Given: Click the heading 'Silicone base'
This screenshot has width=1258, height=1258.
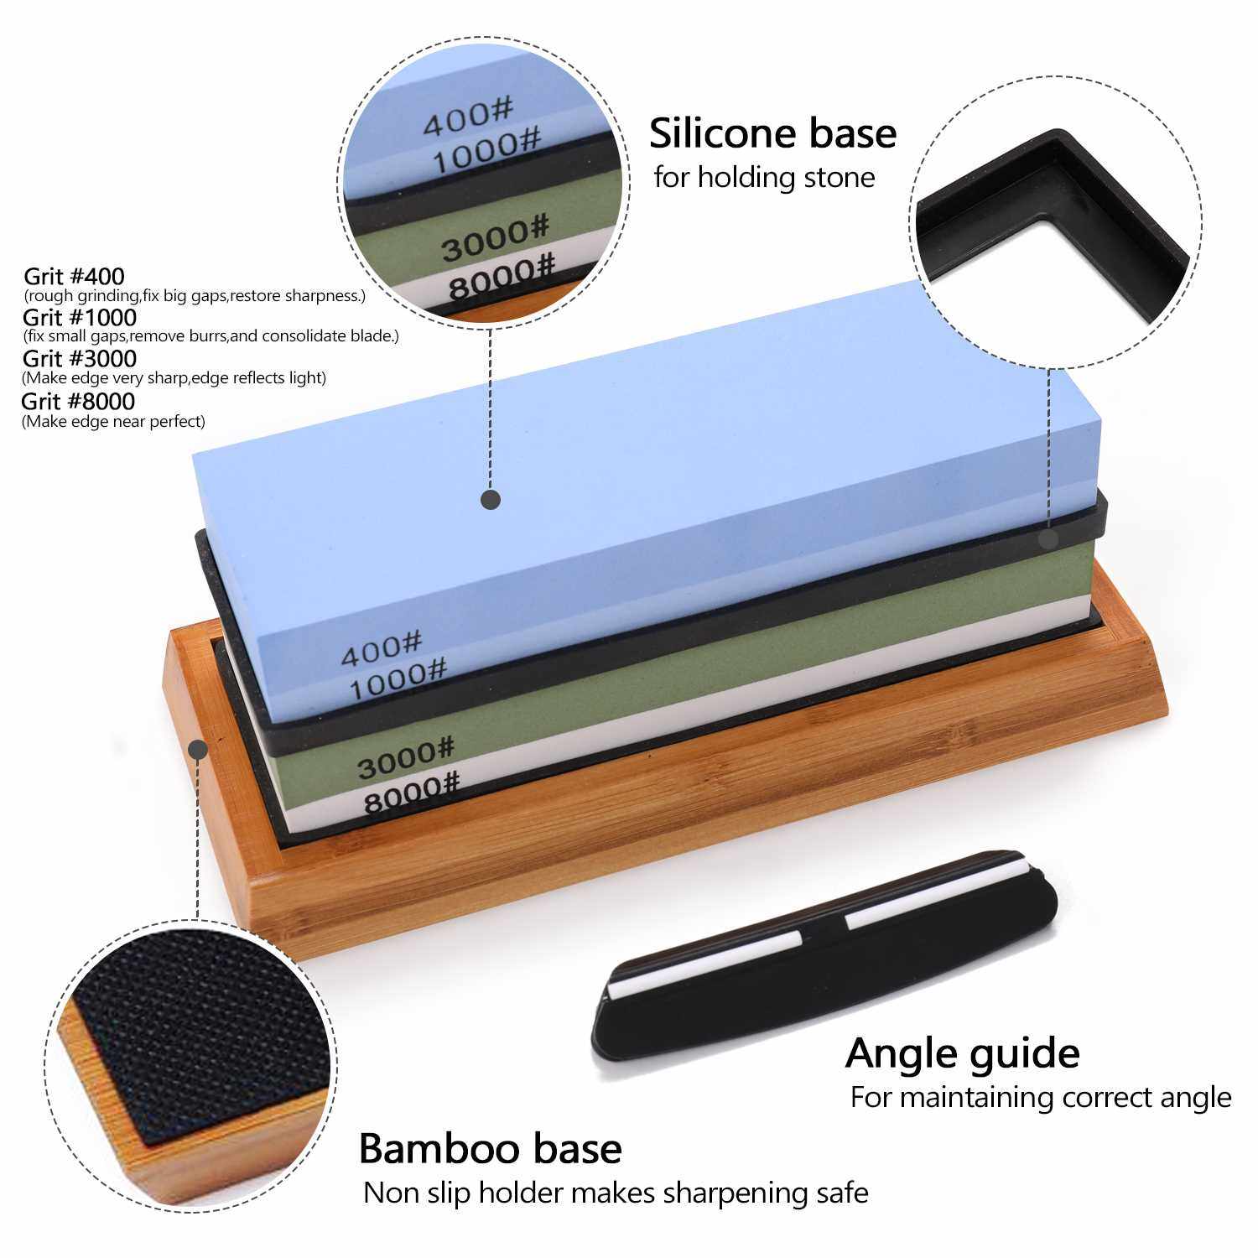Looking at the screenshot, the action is [x=772, y=133].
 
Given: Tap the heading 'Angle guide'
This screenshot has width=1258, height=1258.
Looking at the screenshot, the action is [x=962, y=1053].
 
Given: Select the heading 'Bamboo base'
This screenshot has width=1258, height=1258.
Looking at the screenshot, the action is [x=490, y=1149].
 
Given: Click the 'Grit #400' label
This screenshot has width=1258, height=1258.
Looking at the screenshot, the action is [x=74, y=276].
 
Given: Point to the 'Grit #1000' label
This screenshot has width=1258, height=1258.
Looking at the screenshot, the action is [x=80, y=317].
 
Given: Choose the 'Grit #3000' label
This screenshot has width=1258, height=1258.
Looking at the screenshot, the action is [x=80, y=359].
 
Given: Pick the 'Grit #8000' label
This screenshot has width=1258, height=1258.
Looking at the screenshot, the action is [x=78, y=401].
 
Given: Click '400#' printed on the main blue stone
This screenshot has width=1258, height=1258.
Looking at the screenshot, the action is [x=381, y=647].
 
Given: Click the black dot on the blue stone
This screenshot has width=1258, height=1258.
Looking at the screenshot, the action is [x=491, y=500].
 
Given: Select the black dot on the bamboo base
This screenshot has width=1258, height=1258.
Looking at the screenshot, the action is [x=198, y=749].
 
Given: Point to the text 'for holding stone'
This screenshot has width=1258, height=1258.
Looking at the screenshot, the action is [x=764, y=178].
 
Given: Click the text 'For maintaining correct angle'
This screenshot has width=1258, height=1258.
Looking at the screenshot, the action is [x=1041, y=1097].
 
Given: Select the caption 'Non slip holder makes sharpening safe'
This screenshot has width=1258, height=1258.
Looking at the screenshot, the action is [x=616, y=1193].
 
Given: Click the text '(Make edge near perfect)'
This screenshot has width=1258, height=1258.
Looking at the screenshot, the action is [x=113, y=421].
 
